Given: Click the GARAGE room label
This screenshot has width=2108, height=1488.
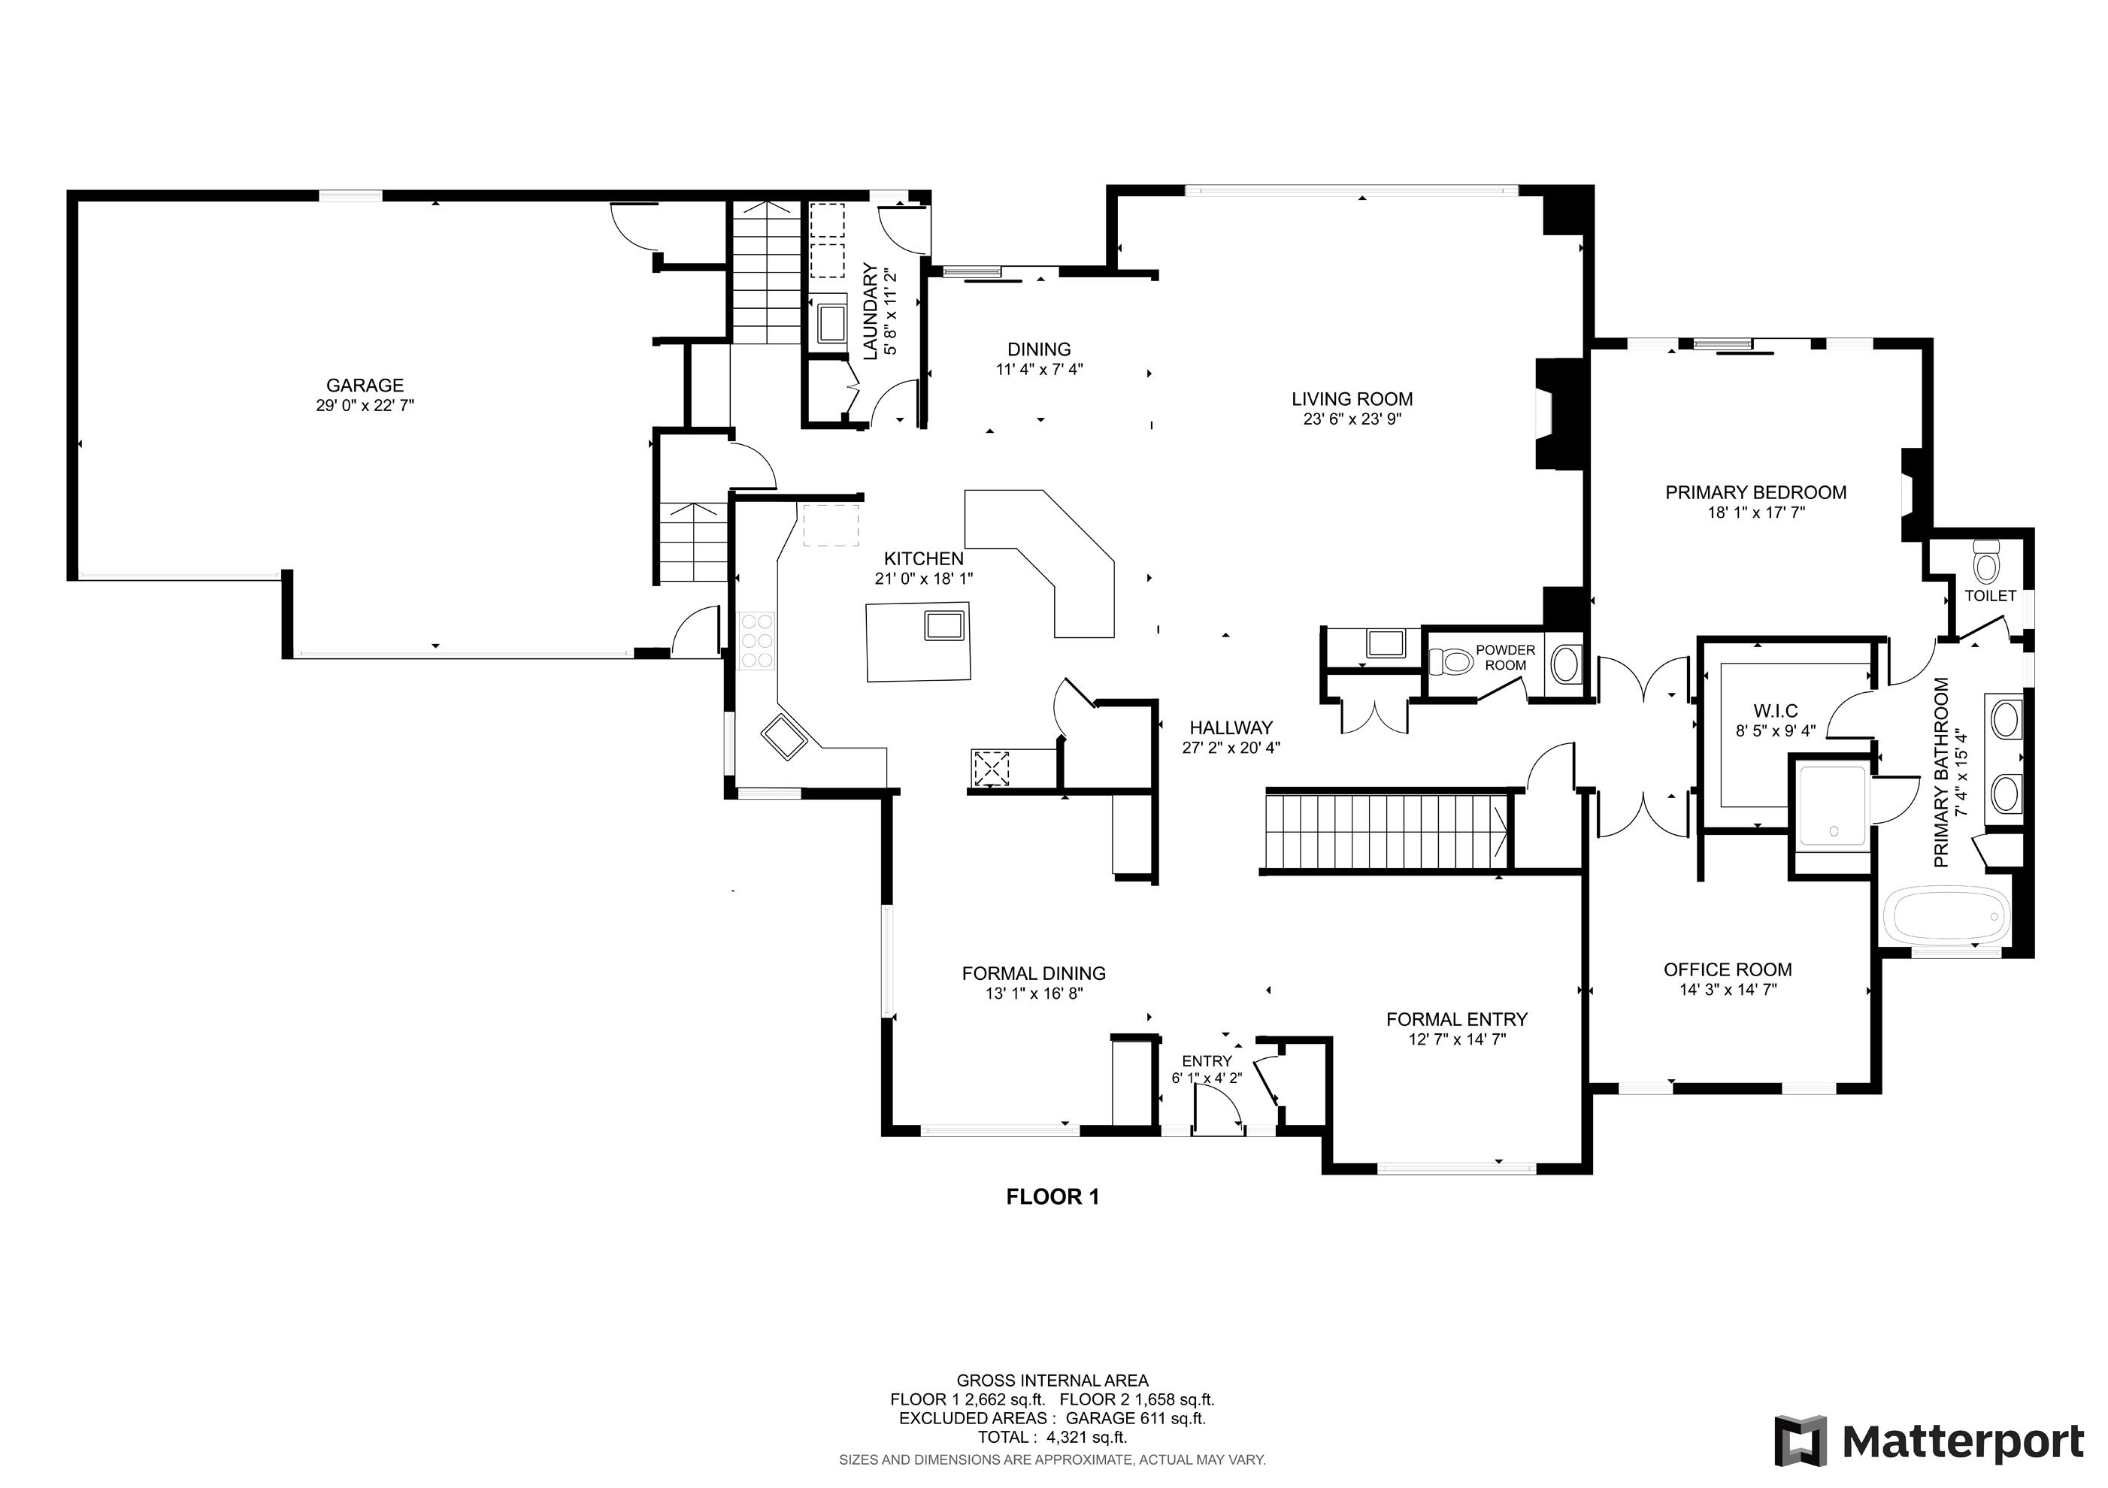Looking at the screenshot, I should point(365,386).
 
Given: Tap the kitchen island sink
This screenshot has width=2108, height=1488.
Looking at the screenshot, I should point(943,625).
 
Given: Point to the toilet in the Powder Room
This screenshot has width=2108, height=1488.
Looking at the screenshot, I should point(1449,661).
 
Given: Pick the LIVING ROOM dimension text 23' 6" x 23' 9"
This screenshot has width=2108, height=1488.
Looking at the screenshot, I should point(1352,419).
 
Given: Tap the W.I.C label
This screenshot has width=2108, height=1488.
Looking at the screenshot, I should point(1775,710).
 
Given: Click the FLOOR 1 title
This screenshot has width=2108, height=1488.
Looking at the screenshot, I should point(1052,1197).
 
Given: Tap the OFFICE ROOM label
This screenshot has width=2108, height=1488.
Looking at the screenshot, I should point(1727,969).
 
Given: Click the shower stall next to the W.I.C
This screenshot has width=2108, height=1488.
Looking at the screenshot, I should point(1831,805).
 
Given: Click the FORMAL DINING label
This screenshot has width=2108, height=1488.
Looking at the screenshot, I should point(1034,973).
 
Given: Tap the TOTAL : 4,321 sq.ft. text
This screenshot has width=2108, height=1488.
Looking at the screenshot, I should point(1052,1438).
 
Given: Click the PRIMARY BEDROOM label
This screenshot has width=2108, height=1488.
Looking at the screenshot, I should point(1755,493).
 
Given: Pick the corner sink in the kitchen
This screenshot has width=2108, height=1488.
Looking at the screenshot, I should point(783,737).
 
